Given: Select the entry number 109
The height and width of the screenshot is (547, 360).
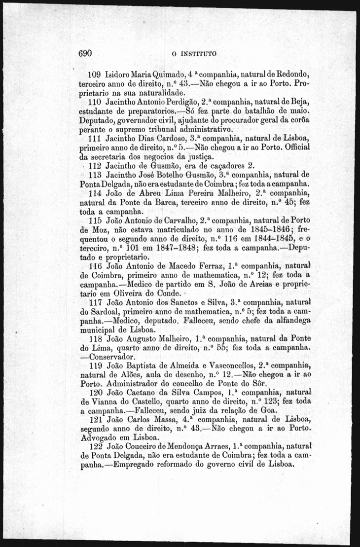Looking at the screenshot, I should (95, 75).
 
